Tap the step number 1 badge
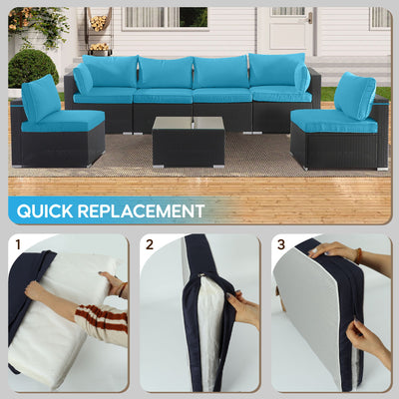(17, 243)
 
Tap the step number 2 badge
(150, 243)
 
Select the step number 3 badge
(282, 243)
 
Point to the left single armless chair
(57, 130)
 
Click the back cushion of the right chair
(354, 97)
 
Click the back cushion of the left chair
(41, 98)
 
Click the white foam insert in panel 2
(209, 319)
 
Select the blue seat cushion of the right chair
(333, 122)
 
